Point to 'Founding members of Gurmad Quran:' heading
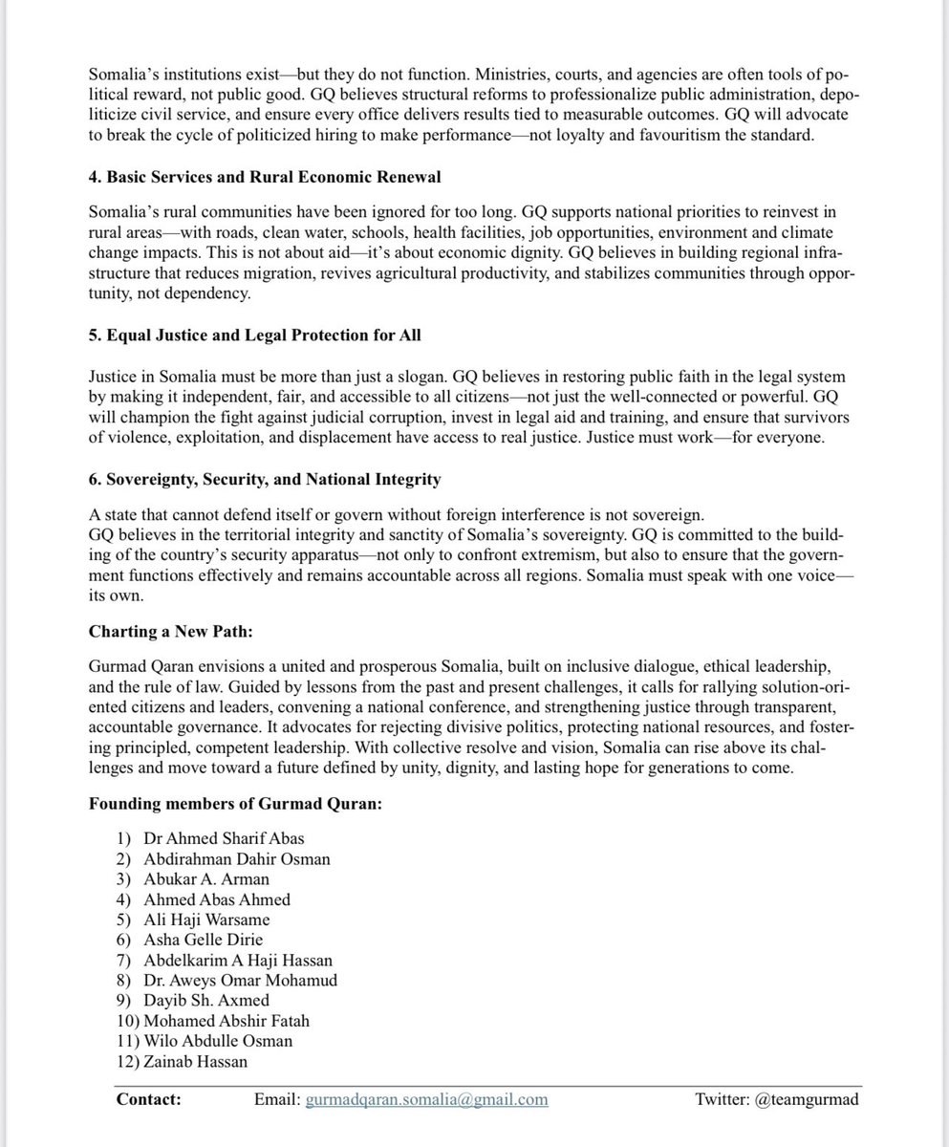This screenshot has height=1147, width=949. click(x=235, y=804)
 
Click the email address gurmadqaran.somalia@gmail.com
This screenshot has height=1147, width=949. click(x=426, y=1100)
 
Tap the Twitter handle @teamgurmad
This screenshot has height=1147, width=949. click(x=808, y=1100)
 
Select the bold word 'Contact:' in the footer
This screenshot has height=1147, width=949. click(x=149, y=1100)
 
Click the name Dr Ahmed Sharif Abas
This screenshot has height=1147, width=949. click(x=224, y=838)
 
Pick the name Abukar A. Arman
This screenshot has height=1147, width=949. click(x=206, y=879)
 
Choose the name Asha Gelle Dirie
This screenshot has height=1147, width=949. click(x=203, y=941)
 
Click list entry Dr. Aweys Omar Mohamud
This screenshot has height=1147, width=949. click(x=240, y=981)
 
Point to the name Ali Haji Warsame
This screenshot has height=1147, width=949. click(x=206, y=920)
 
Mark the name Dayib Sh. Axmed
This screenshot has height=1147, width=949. click(x=206, y=1001)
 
